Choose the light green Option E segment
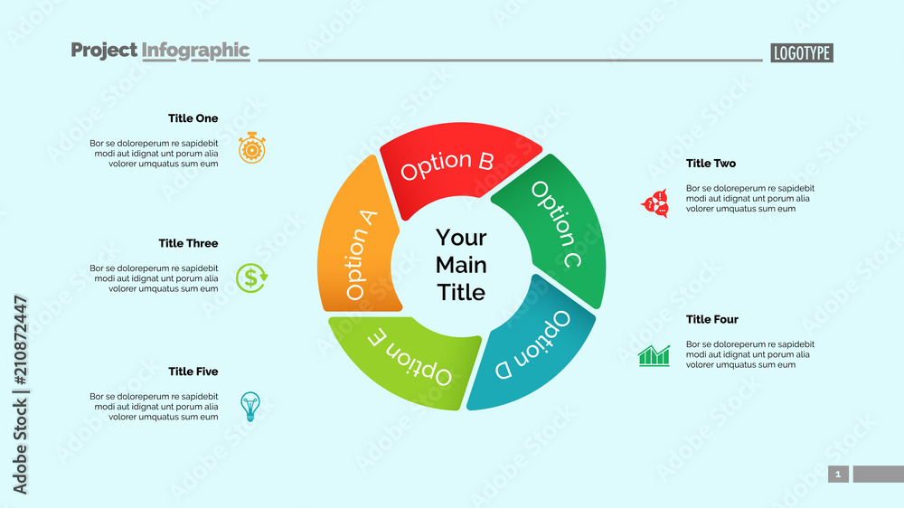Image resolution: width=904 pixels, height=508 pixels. (x=407, y=357)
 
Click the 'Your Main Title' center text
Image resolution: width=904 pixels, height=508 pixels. (x=461, y=265)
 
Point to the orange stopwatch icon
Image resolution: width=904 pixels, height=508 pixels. (x=252, y=147)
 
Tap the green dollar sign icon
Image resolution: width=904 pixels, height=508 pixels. (x=252, y=278)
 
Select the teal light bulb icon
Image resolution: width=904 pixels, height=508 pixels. (x=250, y=406)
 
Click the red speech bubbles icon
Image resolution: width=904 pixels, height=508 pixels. (x=654, y=203)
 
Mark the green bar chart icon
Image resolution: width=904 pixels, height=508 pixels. (x=654, y=355)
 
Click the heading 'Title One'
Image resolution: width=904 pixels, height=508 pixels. (x=193, y=118)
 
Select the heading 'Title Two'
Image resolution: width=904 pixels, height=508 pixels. (x=711, y=164)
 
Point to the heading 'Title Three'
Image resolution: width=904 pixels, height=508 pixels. (x=188, y=243)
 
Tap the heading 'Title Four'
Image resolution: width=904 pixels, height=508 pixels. (x=712, y=319)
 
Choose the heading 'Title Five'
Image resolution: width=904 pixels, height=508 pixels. (x=193, y=372)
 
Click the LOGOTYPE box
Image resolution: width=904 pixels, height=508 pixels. (x=802, y=53)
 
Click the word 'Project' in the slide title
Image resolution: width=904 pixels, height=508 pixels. (x=104, y=51)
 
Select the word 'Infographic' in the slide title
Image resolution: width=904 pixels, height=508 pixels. (x=195, y=51)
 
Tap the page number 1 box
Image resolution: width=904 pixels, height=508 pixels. (x=838, y=475)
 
